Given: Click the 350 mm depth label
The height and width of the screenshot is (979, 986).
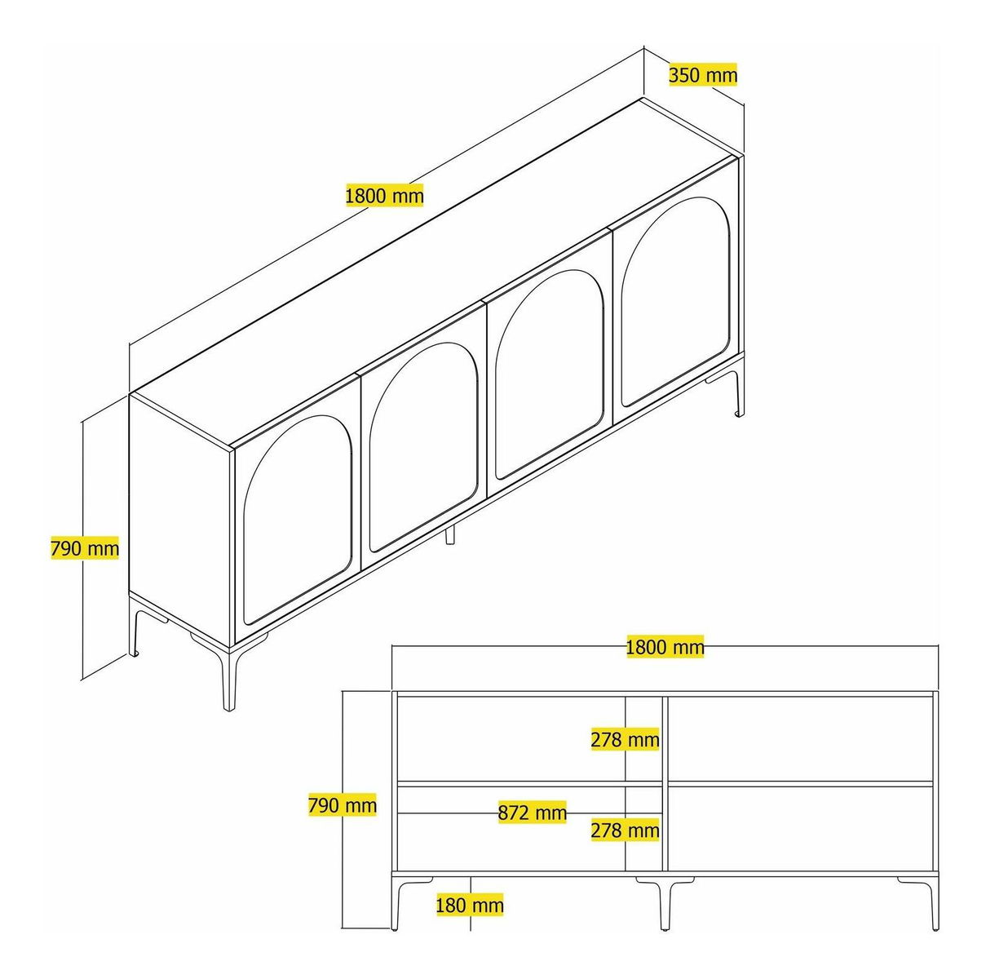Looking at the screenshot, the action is tap(703, 75).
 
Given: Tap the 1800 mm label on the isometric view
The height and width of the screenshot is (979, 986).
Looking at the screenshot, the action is tap(385, 195).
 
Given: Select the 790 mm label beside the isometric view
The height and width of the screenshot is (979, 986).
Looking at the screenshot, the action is tap(85, 548).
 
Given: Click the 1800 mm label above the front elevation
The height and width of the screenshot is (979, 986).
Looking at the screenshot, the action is tap(665, 647).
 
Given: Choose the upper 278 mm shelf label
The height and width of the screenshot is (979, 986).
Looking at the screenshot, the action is tap(625, 740).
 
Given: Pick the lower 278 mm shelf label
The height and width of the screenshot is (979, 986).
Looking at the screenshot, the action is tap(625, 831).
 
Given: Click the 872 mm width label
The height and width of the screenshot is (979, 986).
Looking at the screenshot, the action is tap(532, 813).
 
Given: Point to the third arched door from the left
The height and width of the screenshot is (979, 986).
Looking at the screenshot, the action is tap(550, 377).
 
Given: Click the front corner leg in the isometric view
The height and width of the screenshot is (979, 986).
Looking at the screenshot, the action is tap(230, 679).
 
